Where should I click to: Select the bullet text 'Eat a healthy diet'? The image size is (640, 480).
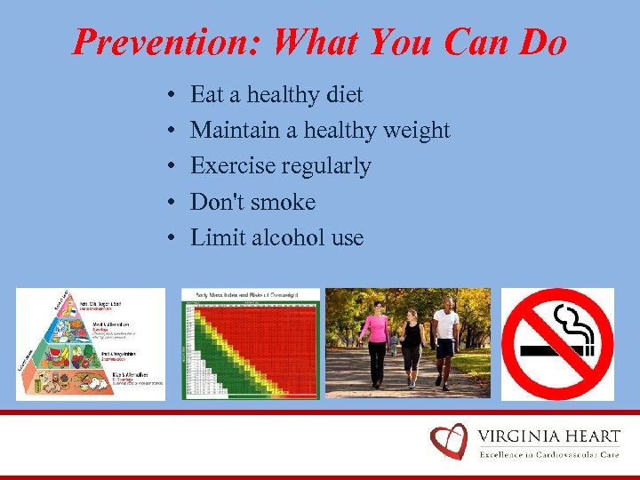[276, 94]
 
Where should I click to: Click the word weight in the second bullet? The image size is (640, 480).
[416, 131]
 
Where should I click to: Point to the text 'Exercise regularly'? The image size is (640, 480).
[281, 166]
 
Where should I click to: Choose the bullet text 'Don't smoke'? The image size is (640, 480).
[253, 202]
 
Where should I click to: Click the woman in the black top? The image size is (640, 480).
[412, 347]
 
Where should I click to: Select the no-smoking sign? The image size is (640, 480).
[557, 343]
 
